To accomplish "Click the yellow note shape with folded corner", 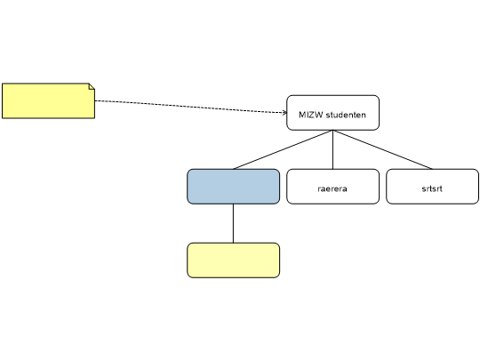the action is (x=48, y=100).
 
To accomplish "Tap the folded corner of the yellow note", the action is (x=92, y=86).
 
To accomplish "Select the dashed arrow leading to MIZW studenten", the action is (x=191, y=107).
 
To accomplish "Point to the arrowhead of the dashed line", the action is (x=285, y=113).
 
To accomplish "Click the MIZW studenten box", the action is (x=332, y=113).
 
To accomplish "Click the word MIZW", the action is (x=311, y=115).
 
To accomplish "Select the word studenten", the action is (x=346, y=115).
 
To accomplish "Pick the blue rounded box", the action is (x=233, y=187).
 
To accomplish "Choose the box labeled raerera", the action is (x=332, y=187).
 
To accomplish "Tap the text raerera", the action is (x=332, y=188).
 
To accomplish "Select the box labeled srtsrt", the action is (x=432, y=187).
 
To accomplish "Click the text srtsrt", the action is (x=432, y=188).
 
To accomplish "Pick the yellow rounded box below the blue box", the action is (x=233, y=260).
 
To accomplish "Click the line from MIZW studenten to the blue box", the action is (x=284, y=149).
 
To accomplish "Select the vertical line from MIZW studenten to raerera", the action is (x=332, y=149).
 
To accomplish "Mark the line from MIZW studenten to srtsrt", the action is (x=382, y=149).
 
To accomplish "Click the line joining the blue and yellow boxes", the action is (x=233, y=223).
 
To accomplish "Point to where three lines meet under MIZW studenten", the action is (x=332, y=131).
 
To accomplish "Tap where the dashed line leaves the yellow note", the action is (x=95, y=100).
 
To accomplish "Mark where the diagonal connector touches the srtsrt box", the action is (x=432, y=169).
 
